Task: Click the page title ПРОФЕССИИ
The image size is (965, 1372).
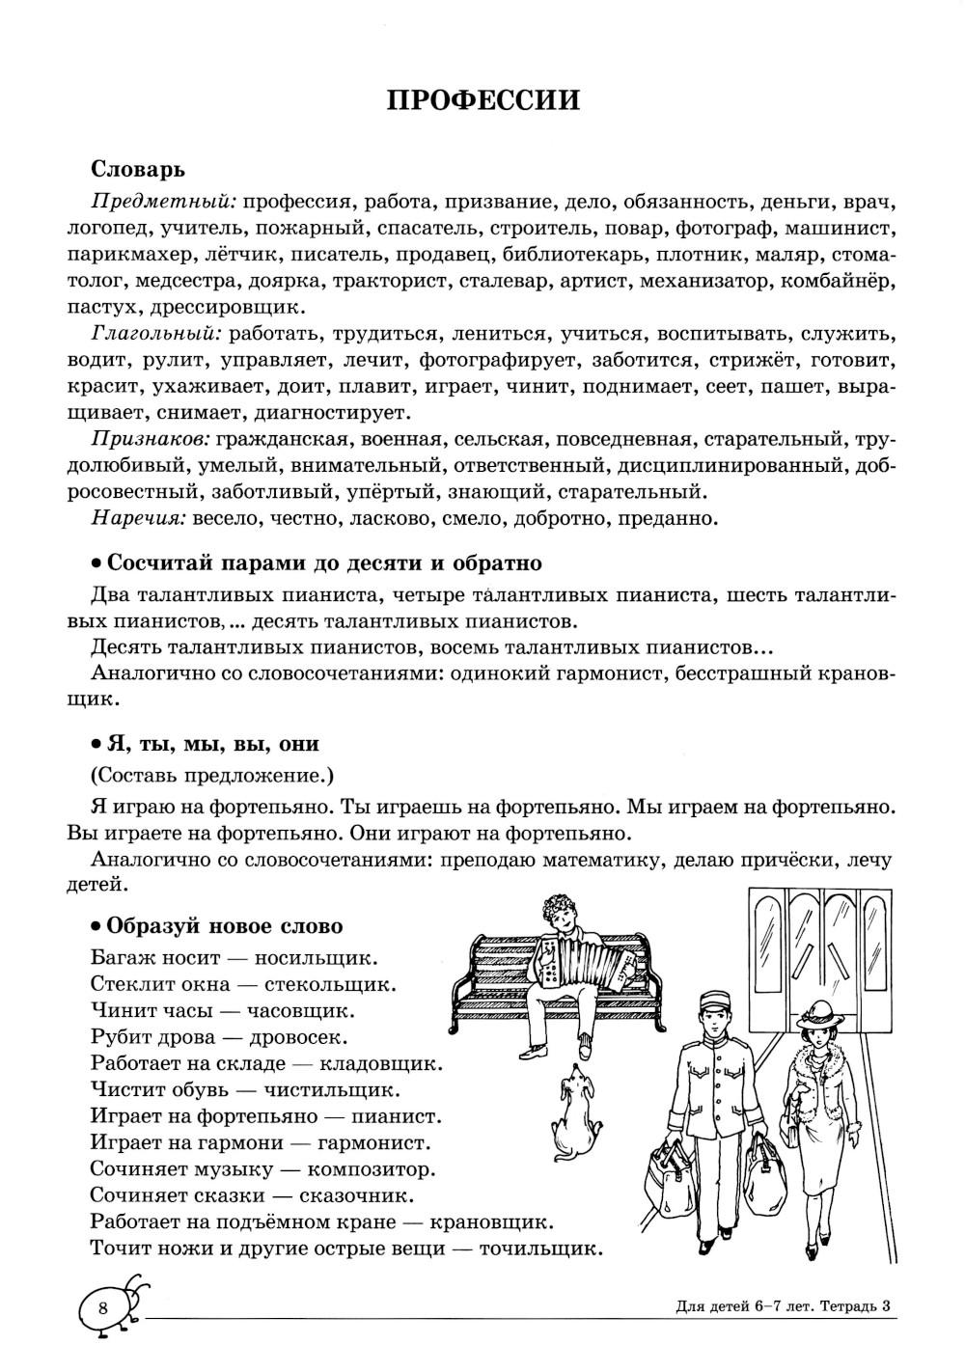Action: point(482,100)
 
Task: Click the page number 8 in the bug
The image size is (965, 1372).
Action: point(103,1309)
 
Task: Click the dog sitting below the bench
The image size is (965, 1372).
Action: point(576,1107)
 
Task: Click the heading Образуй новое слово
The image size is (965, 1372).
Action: point(223,926)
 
